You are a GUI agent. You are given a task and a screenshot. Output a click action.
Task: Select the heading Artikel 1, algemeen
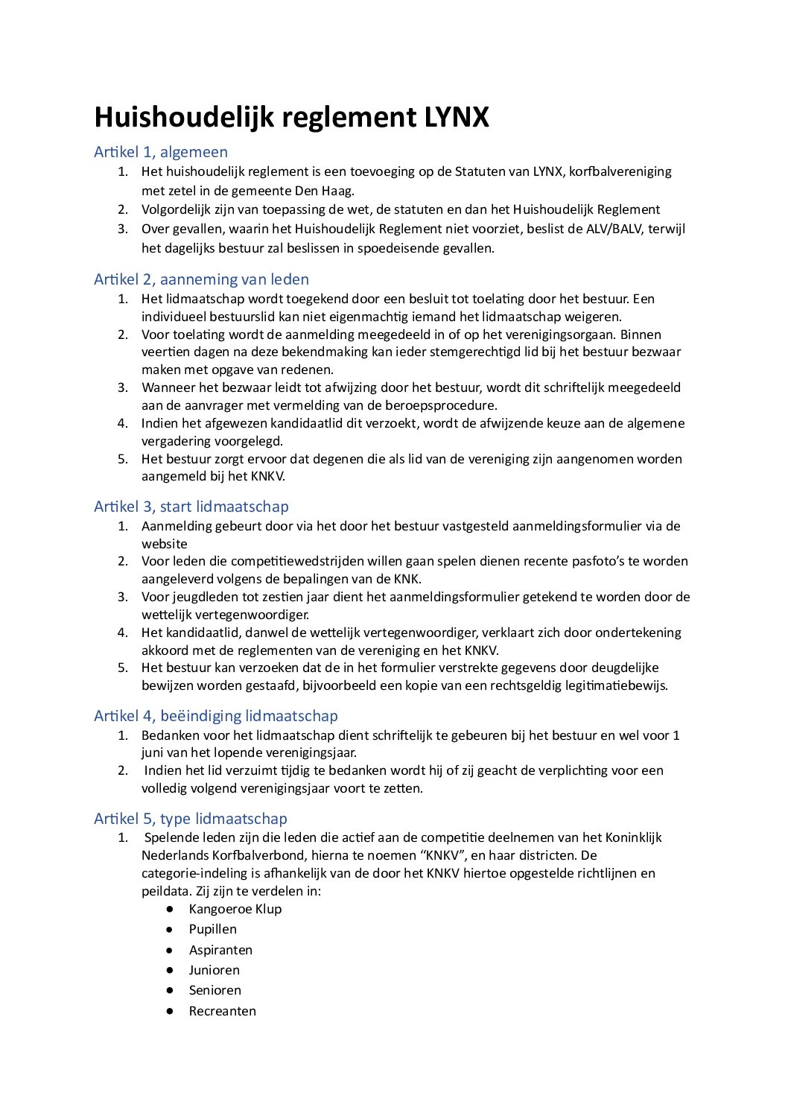click(x=161, y=152)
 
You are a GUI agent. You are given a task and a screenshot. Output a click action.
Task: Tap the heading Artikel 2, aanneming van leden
click(x=201, y=279)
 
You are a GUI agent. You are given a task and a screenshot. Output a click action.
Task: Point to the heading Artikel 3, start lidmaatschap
click(x=191, y=507)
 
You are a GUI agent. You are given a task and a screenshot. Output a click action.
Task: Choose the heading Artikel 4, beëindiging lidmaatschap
click(x=216, y=716)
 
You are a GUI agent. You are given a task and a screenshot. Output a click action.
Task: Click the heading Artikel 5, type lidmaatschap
click(x=191, y=819)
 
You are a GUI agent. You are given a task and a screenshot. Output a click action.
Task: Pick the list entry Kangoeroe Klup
click(x=235, y=909)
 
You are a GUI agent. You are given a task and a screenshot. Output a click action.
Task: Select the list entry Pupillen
click(x=213, y=929)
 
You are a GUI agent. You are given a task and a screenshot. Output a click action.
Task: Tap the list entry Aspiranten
click(x=220, y=950)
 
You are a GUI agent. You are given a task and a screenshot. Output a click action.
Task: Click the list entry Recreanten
click(x=222, y=1011)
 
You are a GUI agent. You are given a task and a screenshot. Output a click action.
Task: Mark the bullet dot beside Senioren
click(x=171, y=990)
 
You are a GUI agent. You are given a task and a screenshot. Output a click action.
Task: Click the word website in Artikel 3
click(x=165, y=544)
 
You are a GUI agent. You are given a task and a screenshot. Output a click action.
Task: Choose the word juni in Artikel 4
click(x=153, y=752)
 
